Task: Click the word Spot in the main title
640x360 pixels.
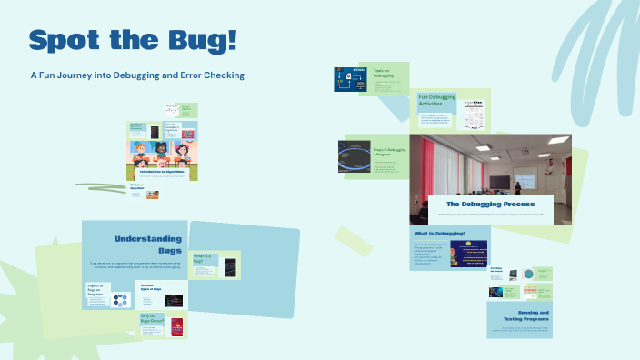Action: coord(65,40)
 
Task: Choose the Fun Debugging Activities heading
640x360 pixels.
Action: coord(436,100)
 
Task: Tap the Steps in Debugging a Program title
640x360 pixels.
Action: coord(385,152)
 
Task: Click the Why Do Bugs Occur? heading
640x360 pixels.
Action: coord(151,318)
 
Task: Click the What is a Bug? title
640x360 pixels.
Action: coord(203,257)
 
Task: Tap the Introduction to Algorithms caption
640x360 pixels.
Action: coord(161,171)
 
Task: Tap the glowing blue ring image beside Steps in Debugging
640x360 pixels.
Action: coord(353,156)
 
